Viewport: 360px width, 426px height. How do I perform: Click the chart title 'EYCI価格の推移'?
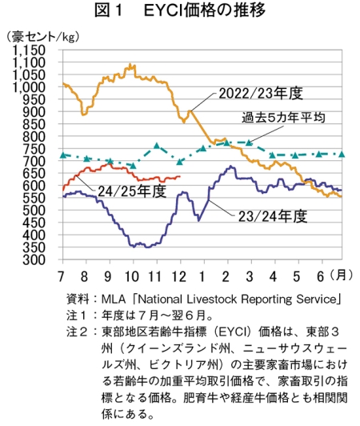(x=205, y=10)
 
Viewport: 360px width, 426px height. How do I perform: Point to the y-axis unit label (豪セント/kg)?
(x=42, y=37)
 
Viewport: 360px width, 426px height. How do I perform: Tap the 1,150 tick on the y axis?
(x=29, y=50)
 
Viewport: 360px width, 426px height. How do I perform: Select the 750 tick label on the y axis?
(x=34, y=149)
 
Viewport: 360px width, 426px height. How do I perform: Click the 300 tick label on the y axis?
(x=34, y=259)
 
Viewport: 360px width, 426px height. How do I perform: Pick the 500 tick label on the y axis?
(x=34, y=211)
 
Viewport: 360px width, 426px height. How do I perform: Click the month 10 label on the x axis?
(x=132, y=276)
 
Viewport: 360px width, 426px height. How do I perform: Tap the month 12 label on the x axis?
(x=179, y=276)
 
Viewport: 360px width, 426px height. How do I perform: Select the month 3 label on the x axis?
(x=250, y=276)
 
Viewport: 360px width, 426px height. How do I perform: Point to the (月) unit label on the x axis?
(x=342, y=275)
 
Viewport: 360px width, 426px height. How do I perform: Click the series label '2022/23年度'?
(x=261, y=94)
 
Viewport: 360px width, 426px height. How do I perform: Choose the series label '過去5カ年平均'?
(x=283, y=118)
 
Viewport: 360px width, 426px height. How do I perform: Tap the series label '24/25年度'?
(x=132, y=191)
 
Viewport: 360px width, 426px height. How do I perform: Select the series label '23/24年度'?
(x=273, y=216)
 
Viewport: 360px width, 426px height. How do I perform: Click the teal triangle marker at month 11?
(x=157, y=146)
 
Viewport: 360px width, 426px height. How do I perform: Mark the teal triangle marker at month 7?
(x=63, y=155)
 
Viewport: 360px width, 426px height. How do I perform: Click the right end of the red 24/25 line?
(x=180, y=177)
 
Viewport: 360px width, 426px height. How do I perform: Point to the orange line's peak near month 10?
(x=130, y=64)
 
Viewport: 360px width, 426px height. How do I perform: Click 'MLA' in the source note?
(x=114, y=299)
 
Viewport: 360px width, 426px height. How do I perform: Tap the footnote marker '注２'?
(x=77, y=332)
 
